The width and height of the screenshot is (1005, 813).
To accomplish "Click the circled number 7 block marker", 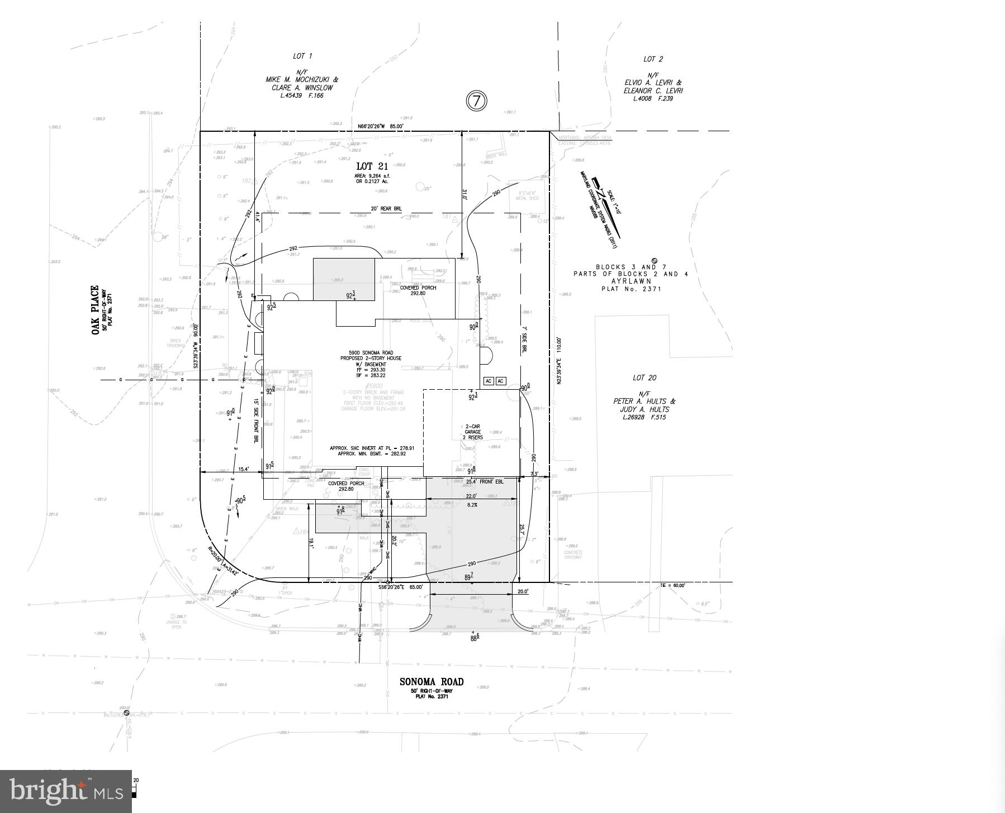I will click(476, 101).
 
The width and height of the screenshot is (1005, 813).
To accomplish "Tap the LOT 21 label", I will click(372, 166).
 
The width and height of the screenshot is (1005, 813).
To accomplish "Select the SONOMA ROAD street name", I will click(431, 682).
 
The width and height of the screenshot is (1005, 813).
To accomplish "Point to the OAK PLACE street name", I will click(96, 310).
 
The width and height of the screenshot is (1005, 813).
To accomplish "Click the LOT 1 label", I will click(302, 56).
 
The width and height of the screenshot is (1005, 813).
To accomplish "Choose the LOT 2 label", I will click(653, 59).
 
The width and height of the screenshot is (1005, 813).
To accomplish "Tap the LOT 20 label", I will click(644, 378).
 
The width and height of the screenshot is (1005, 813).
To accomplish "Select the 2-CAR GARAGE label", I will click(472, 429).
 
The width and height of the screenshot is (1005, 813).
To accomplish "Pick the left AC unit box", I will click(488, 381).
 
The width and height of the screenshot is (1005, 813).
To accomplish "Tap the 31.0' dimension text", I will click(464, 194).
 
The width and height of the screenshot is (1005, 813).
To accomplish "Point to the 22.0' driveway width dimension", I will click(471, 496).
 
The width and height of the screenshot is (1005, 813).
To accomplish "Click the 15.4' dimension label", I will click(244, 470).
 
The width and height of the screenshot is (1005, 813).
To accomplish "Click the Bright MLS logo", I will click(65, 791).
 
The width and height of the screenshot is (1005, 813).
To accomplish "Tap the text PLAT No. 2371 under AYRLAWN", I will click(631, 289).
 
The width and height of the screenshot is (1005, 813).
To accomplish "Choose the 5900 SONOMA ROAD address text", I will click(371, 353).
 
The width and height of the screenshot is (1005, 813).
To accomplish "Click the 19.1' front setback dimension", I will click(312, 542).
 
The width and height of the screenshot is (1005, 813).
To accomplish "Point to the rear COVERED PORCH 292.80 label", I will click(421, 290).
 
